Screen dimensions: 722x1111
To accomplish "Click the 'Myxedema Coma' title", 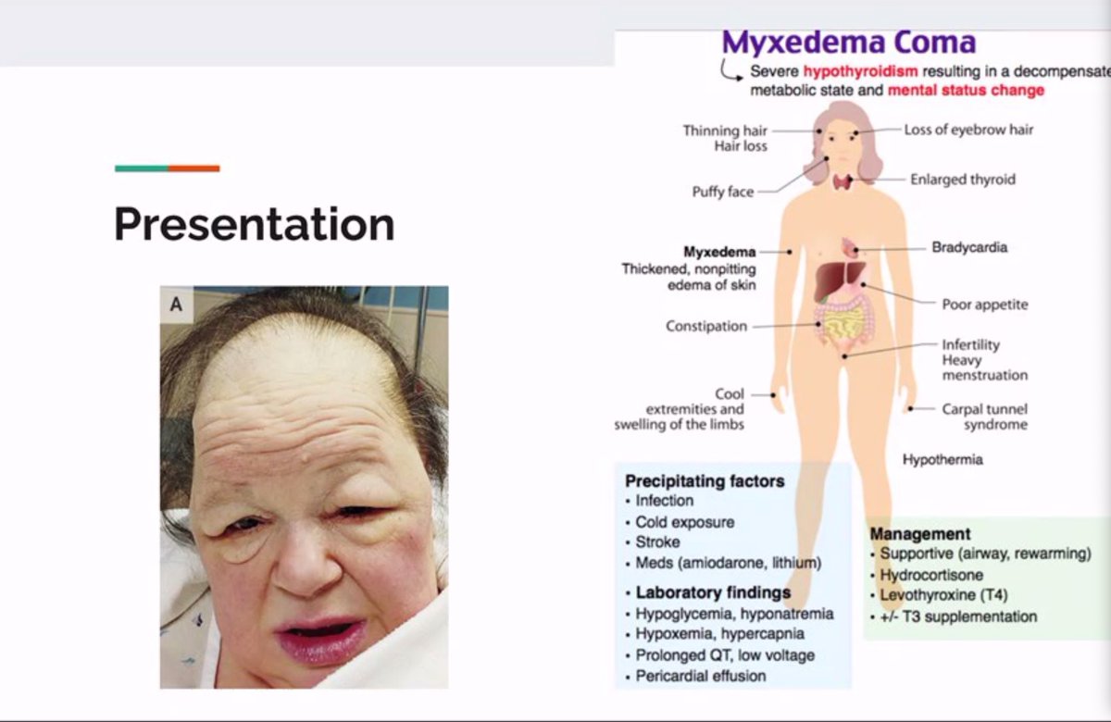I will click(x=848, y=43).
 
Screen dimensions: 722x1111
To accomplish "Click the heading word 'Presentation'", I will click(x=255, y=224).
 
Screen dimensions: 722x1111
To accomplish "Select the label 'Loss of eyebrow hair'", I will click(x=968, y=130).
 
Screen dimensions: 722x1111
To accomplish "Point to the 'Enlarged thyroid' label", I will click(x=962, y=179).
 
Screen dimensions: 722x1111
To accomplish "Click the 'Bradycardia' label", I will click(x=969, y=247).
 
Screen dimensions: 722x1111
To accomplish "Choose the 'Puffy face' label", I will click(x=723, y=192).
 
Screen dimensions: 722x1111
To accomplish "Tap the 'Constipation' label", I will click(x=705, y=326).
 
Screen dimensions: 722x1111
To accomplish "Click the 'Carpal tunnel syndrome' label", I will click(x=984, y=417).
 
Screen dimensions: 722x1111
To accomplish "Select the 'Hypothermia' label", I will click(x=942, y=459).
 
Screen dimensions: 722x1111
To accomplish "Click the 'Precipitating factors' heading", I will click(x=705, y=480).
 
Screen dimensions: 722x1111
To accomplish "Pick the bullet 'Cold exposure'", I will click(x=684, y=522).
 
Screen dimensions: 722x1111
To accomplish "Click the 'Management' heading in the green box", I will click(x=920, y=534).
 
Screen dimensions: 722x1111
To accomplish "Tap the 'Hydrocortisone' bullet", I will click(x=931, y=575).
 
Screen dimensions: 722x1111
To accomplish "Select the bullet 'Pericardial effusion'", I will click(x=701, y=676).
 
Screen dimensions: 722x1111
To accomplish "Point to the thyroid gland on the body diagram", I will click(x=842, y=181).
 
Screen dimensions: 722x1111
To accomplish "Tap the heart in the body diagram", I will click(x=850, y=248).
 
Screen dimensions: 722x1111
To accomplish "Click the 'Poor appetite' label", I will click(x=984, y=305).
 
